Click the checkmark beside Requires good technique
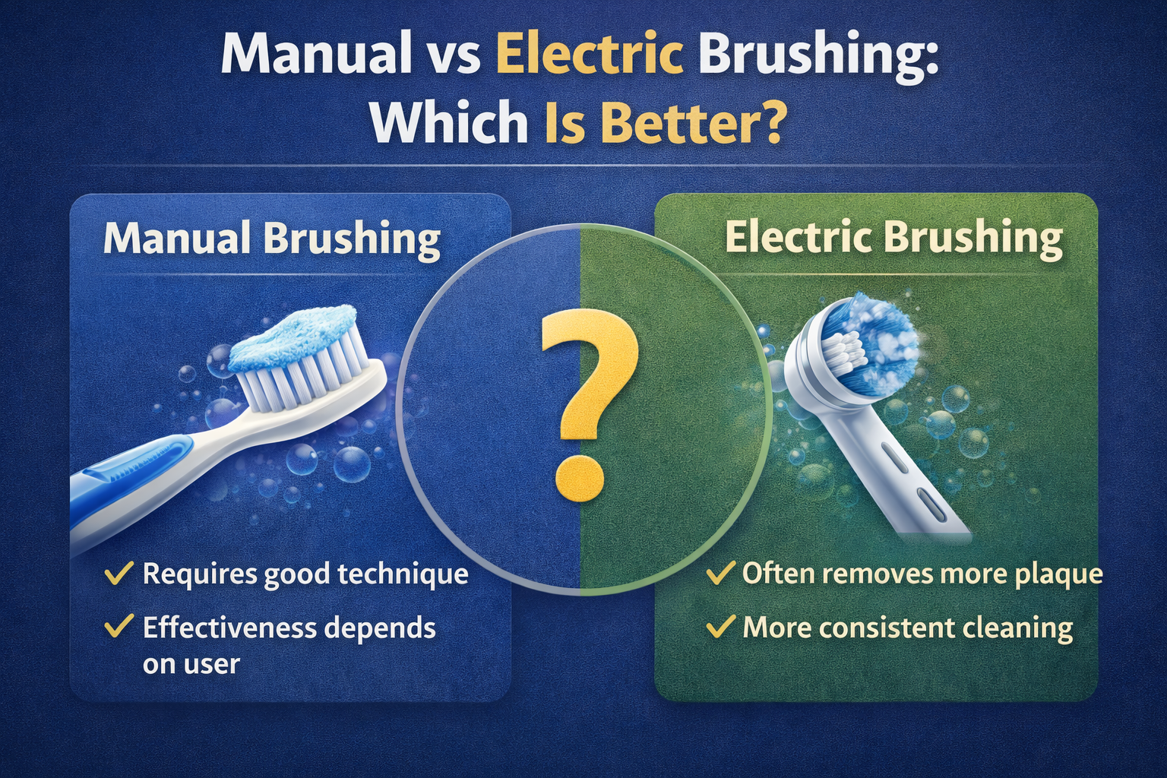(119, 573)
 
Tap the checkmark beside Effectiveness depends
(119, 626)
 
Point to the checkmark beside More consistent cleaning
(721, 626)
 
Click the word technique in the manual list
(403, 575)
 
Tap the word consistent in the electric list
(887, 628)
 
